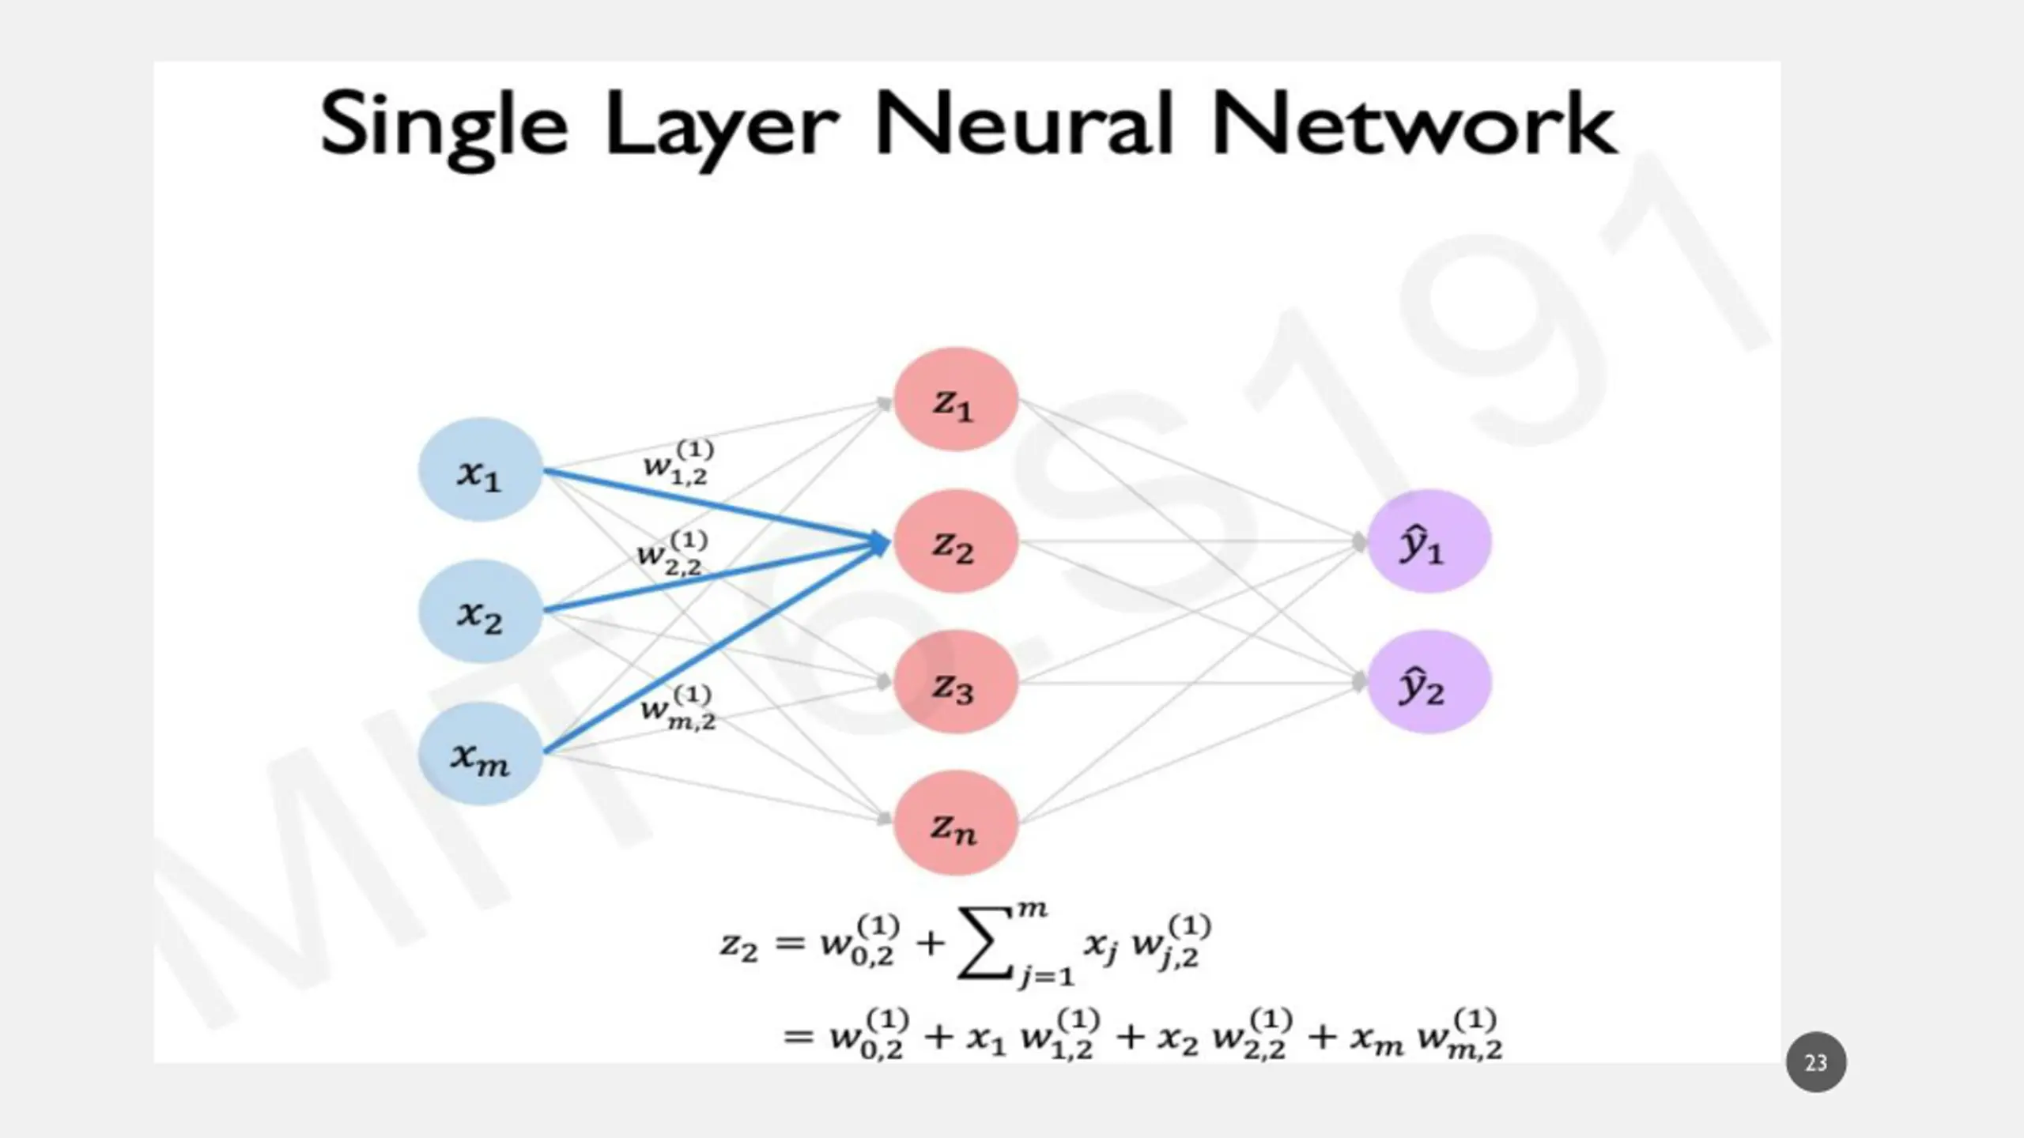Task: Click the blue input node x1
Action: pos(480,469)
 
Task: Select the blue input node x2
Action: pos(480,611)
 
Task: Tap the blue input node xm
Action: pos(480,754)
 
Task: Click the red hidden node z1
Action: pos(955,399)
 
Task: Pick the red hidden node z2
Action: pos(955,541)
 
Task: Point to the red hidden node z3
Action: pos(955,682)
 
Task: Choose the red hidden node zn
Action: pos(955,823)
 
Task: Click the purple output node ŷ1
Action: pos(1429,541)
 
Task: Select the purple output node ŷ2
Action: pos(1429,682)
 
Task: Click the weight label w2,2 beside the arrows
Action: pos(672,553)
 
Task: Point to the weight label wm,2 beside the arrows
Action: pos(678,707)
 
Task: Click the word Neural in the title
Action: pos(1024,123)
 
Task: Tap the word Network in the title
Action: pos(1414,123)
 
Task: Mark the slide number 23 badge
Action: pos(1816,1062)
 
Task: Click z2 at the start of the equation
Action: pos(738,945)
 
